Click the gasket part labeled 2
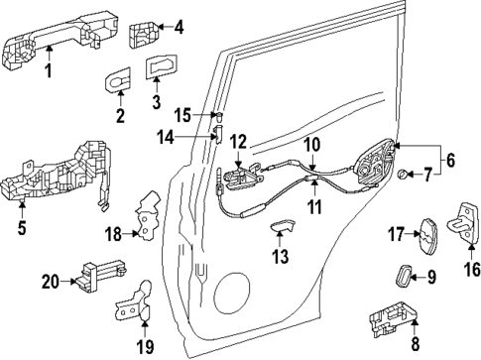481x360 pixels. [x=118, y=83]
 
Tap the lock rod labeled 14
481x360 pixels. [x=216, y=135]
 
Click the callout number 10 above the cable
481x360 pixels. [x=311, y=145]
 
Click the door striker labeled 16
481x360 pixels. [x=467, y=219]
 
